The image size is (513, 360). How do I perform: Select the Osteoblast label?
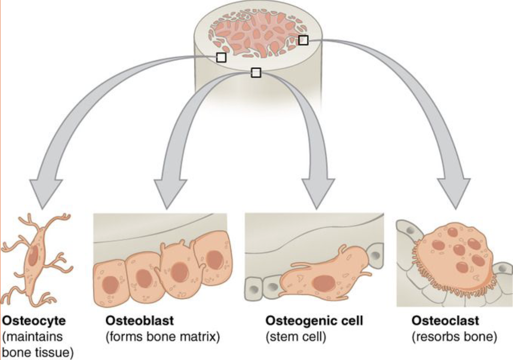tap(140, 321)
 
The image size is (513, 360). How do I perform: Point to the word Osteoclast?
tap(445, 321)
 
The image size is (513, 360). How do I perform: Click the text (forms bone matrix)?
tap(163, 337)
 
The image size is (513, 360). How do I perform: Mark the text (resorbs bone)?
tap(454, 337)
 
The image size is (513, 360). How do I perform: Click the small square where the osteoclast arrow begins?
tap(303, 40)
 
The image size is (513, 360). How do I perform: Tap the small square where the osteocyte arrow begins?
tap(221, 57)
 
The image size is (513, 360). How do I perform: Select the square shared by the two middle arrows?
tap(256, 73)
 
